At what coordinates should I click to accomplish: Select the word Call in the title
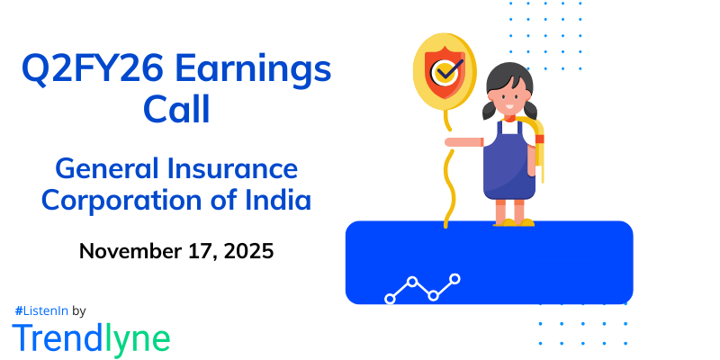(176, 110)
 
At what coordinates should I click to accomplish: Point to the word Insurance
(238, 167)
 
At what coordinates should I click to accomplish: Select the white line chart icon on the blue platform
(422, 288)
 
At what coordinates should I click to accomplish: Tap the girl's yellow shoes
(511, 220)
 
